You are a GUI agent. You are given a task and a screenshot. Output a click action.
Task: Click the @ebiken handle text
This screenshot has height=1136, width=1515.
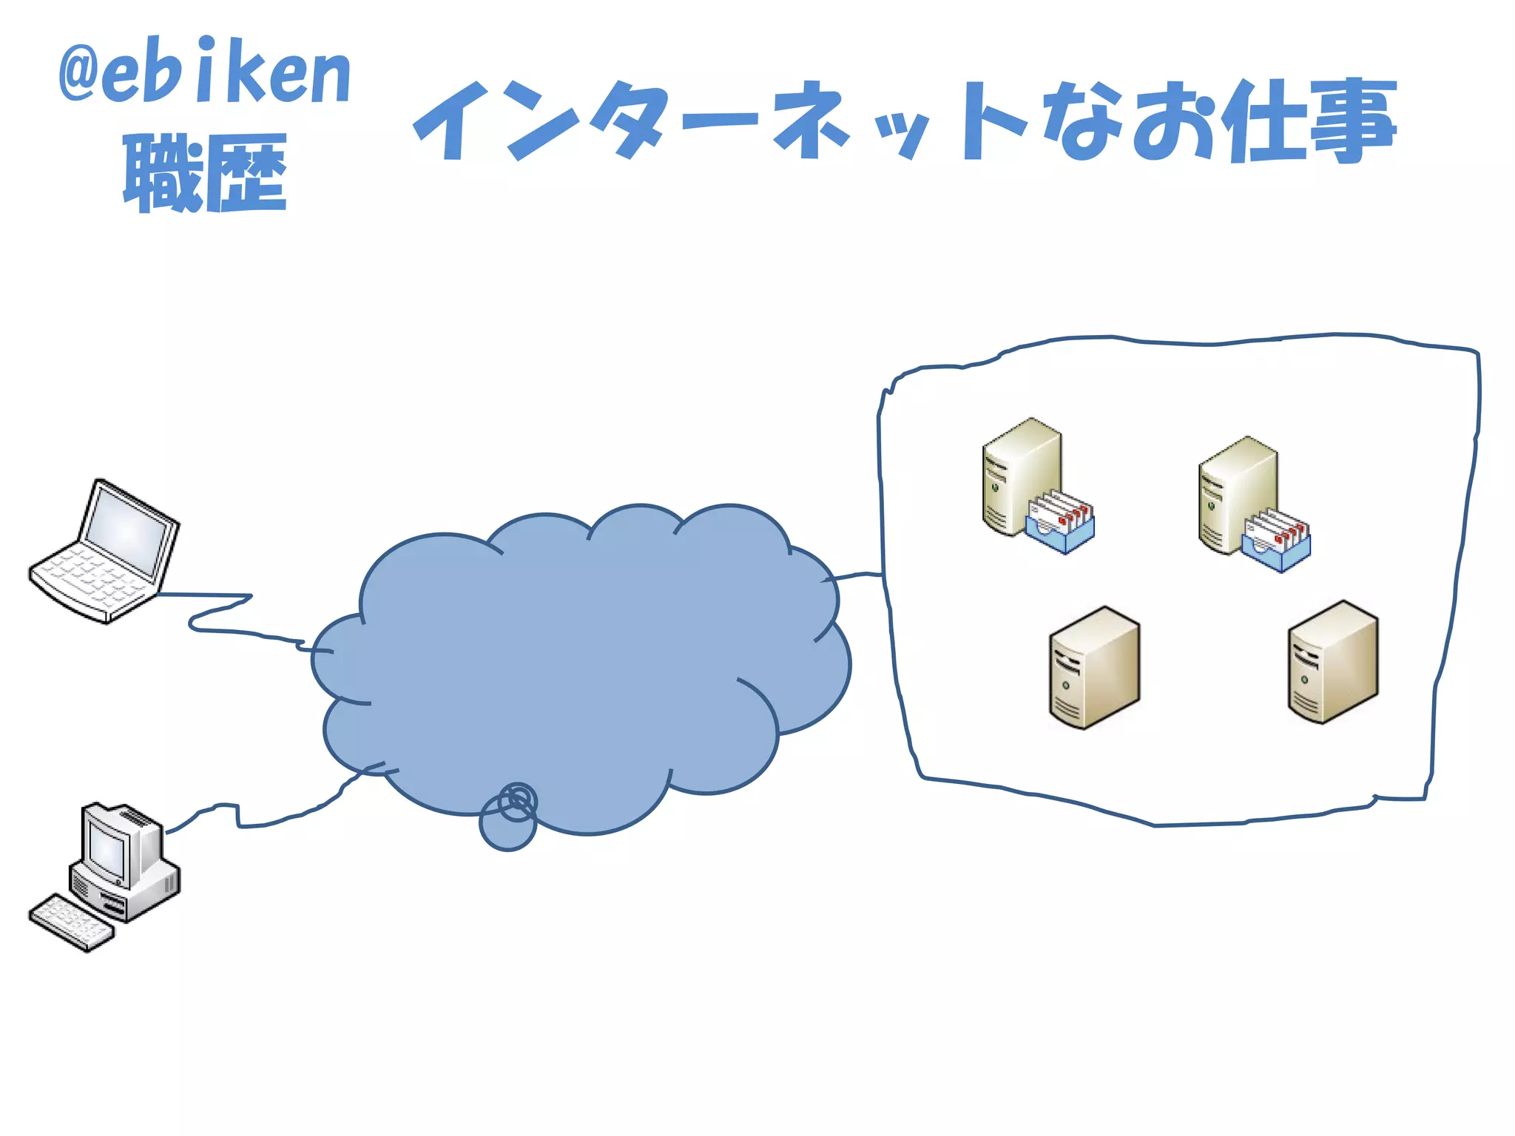(204, 71)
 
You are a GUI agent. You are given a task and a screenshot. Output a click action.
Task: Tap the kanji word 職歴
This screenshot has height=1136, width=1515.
(204, 173)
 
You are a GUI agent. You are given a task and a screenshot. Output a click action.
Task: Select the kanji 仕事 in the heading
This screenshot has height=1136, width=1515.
(1308, 121)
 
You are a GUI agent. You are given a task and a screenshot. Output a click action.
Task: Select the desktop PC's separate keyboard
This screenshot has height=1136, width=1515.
(71, 922)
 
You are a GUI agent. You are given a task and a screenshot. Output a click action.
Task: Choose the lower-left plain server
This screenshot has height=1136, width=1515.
(1094, 667)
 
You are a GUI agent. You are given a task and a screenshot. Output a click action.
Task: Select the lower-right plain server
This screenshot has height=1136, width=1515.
(1332, 661)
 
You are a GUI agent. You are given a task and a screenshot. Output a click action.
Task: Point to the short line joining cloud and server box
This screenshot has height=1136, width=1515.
(858, 574)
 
